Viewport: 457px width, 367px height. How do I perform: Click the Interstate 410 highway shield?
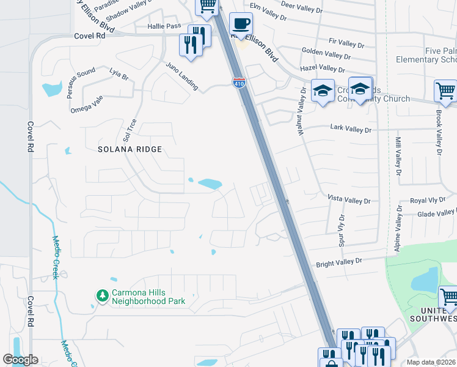pos(239,83)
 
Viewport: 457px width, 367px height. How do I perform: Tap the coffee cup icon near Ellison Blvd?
pos(241,24)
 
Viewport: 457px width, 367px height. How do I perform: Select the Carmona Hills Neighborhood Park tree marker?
pos(102,296)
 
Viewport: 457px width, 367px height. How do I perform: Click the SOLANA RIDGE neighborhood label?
pos(130,149)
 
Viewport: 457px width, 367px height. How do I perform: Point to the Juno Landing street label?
pos(181,76)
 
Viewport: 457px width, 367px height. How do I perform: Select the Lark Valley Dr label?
pos(351,130)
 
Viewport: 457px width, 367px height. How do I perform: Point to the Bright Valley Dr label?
pos(339,262)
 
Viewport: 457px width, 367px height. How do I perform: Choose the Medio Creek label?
pos(55,257)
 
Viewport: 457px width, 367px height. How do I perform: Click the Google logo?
pos(20,360)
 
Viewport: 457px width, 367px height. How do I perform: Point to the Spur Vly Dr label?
pos(342,229)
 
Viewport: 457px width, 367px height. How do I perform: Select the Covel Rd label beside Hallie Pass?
pos(90,36)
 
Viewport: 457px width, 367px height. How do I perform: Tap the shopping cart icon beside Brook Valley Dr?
pos(445,91)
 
